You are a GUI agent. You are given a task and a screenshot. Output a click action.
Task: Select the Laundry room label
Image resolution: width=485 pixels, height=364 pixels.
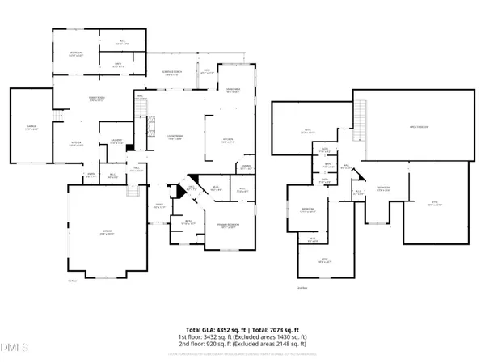[x=116, y=145]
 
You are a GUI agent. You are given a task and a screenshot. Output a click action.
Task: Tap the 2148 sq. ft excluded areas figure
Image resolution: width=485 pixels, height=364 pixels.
[x=292, y=345]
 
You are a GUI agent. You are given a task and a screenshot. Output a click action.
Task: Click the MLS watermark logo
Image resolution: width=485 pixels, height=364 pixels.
[x=15, y=349]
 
